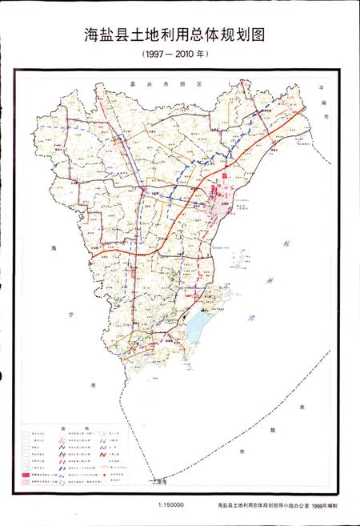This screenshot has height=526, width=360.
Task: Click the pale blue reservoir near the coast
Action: click(x=198, y=325)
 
